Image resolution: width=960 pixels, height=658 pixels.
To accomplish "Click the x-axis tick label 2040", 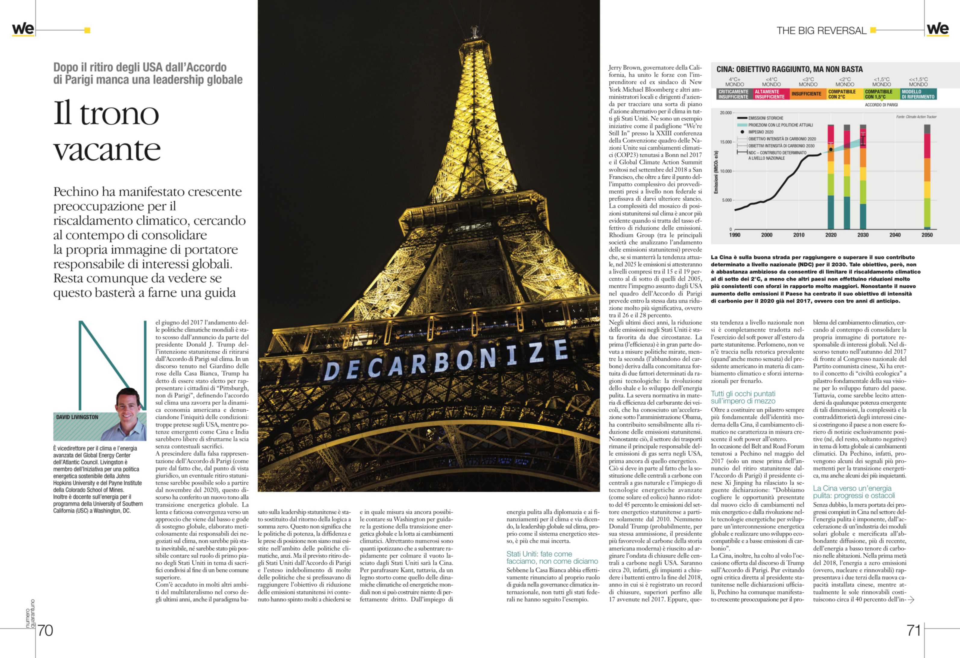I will [x=895, y=235].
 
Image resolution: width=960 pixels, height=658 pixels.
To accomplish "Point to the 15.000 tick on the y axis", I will [x=726, y=142].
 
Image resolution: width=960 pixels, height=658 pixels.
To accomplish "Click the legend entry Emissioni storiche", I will [x=765, y=118].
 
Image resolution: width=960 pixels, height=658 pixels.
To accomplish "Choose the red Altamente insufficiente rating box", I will [x=771, y=94].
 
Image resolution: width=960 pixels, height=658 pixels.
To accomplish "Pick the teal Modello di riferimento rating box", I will [x=918, y=94].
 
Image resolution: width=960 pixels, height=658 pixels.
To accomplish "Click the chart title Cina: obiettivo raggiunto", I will [x=789, y=69].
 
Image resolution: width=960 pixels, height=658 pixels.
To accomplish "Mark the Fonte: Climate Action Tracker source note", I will [x=916, y=117].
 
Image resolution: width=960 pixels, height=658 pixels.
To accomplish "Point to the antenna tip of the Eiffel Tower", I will [x=475, y=28].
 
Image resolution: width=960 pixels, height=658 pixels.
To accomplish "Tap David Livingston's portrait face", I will [x=128, y=407].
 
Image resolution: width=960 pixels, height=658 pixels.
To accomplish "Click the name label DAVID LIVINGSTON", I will [x=77, y=417].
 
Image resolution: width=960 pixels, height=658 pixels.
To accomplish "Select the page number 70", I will [x=45, y=630].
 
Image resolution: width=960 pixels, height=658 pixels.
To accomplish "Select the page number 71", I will [x=914, y=630].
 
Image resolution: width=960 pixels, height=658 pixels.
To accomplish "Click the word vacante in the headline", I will [x=107, y=150].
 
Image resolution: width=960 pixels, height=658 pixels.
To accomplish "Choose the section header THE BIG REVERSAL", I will [x=821, y=31].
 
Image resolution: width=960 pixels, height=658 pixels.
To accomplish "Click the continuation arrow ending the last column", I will [x=911, y=599].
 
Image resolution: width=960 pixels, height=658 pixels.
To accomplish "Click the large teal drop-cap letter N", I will [x=112, y=364].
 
